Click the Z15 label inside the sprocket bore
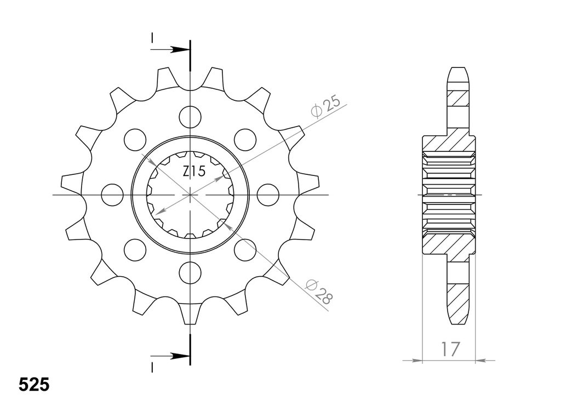pos(194,172)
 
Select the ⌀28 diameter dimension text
pos(319,292)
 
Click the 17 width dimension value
pos(450,350)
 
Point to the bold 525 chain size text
pos(33,385)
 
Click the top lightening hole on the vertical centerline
pos(190,117)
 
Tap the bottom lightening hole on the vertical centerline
pos(190,273)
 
